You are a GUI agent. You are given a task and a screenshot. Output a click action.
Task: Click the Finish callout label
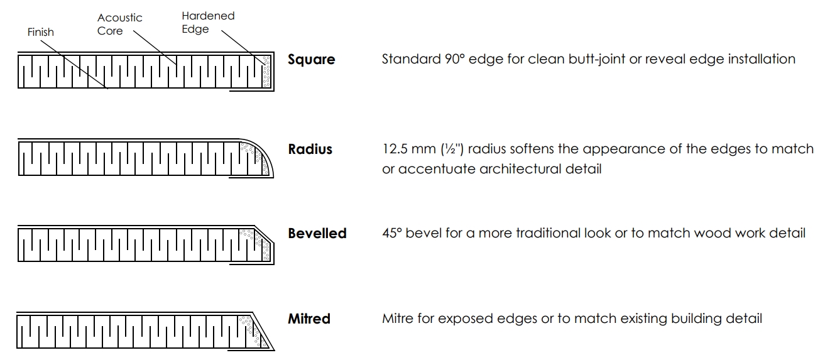click(x=41, y=32)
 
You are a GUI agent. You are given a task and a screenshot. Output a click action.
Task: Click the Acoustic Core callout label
click(x=119, y=24)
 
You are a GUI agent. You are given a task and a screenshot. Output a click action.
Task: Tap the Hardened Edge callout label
click(x=208, y=22)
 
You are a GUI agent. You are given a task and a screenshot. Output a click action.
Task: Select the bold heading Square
click(x=311, y=59)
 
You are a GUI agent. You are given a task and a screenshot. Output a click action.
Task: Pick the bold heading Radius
click(x=310, y=150)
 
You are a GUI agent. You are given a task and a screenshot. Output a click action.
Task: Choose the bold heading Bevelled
click(x=317, y=233)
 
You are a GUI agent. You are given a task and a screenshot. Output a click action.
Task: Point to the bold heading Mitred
click(x=309, y=319)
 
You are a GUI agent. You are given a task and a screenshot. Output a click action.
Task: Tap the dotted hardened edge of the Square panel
click(x=266, y=72)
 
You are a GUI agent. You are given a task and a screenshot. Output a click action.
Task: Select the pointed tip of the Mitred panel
click(x=273, y=349)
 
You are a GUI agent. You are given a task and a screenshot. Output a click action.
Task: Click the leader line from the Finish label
click(x=74, y=65)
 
